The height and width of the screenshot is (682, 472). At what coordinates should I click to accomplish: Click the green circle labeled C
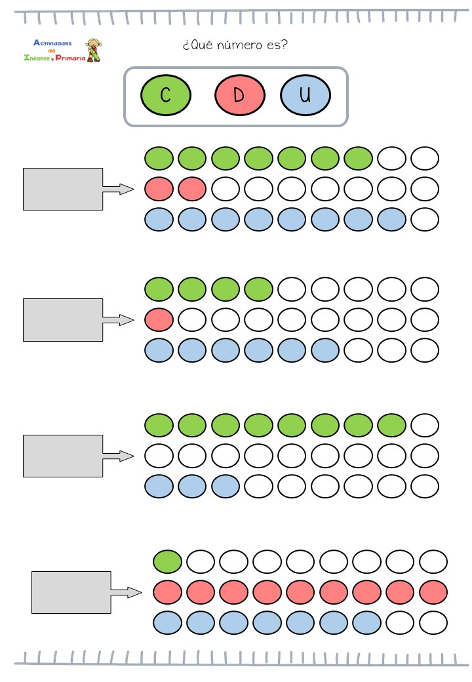[x=165, y=95]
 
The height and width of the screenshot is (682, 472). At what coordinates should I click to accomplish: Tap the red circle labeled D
[x=239, y=95]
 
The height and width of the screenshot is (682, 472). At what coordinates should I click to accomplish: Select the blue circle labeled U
[x=305, y=95]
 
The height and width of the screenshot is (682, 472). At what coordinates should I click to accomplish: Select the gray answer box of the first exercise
[x=63, y=189]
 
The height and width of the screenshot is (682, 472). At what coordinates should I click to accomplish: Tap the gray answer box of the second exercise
[x=63, y=320]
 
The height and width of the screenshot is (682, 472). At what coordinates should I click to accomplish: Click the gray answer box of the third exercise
[x=63, y=456]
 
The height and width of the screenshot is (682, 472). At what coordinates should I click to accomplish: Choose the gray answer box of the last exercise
[x=71, y=592]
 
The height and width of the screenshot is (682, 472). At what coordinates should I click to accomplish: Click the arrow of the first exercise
[x=118, y=190]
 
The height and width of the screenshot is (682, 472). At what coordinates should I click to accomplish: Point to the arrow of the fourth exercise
[x=127, y=593]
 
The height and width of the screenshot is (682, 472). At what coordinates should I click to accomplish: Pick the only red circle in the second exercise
[x=159, y=320]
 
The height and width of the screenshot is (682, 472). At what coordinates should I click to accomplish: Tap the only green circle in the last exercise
[x=167, y=561]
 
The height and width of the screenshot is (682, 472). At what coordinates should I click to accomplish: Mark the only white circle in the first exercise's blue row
[x=425, y=220]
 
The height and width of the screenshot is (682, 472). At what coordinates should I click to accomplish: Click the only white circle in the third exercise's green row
[x=425, y=424]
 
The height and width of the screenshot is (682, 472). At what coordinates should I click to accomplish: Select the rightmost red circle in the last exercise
[x=433, y=592]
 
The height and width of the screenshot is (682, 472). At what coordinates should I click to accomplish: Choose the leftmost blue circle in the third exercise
[x=159, y=487]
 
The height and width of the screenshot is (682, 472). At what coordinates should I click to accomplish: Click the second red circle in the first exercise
[x=192, y=189]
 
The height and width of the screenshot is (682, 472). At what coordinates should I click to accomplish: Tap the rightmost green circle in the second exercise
[x=258, y=289]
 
